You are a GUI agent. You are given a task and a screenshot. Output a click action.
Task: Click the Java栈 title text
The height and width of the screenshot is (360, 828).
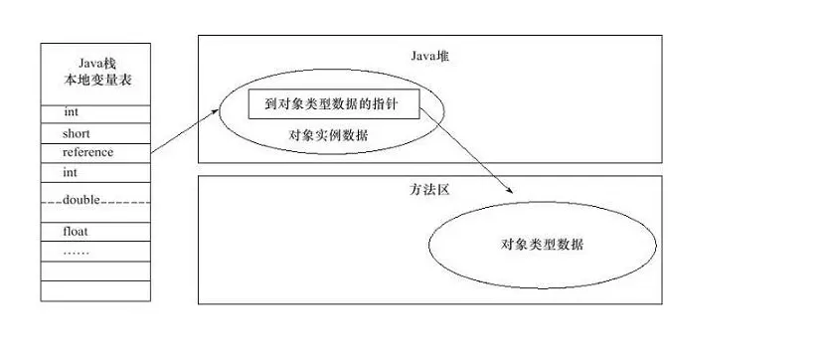tap(95, 62)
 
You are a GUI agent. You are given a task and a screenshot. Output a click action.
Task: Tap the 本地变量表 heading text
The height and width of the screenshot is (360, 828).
tap(95, 80)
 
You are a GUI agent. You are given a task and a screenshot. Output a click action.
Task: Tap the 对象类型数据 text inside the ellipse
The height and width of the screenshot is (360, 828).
tap(542, 244)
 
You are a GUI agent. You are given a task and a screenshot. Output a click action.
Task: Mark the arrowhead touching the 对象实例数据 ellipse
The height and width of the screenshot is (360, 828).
tap(215, 111)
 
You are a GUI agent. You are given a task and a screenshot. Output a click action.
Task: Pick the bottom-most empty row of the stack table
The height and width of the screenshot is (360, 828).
tap(95, 291)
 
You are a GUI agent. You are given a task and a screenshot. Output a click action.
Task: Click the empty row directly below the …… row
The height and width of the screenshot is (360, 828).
tap(95, 271)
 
